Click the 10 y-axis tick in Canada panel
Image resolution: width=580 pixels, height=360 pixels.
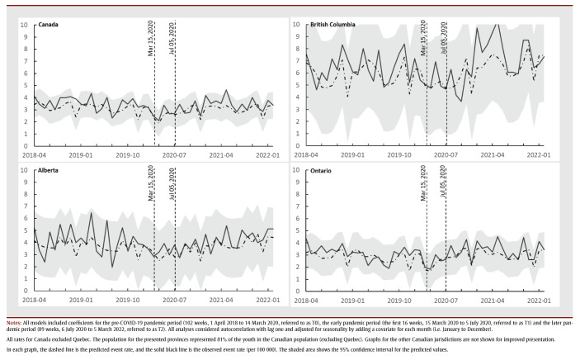pyautogui.click(x=23, y=24)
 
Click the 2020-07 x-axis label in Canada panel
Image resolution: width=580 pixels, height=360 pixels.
pyautogui.click(x=173, y=154)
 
